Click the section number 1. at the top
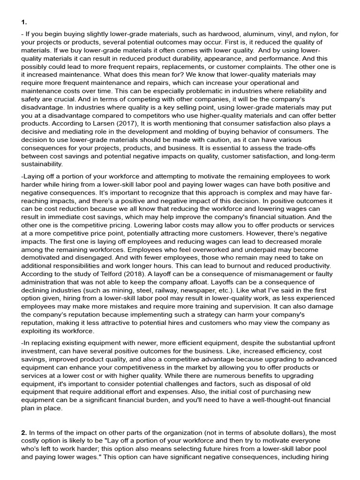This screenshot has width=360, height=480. tap(24, 22)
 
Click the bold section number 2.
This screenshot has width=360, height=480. tap(24, 433)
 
